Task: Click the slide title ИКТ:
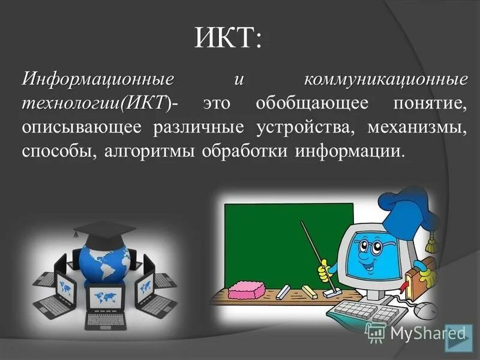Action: (228, 38)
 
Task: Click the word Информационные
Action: (99, 79)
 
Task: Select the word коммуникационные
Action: (385, 79)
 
